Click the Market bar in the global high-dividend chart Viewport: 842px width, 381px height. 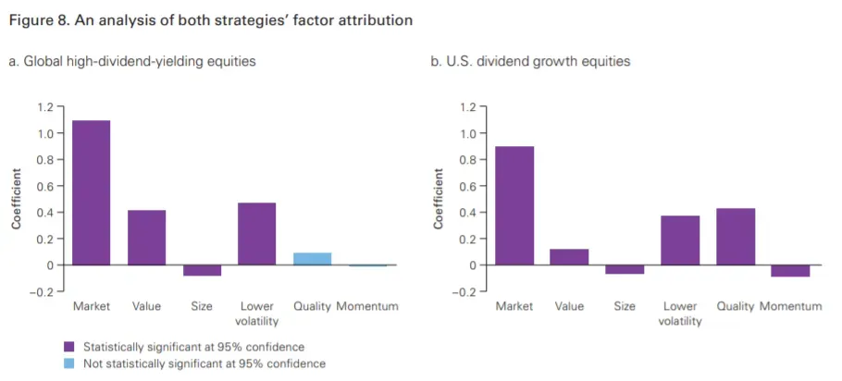coord(91,192)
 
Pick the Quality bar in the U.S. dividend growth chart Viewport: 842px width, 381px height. coord(736,237)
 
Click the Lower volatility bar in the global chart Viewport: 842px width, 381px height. coord(256,234)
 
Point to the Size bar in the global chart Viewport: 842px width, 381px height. coord(202,270)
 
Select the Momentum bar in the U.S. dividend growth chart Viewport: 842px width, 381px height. coord(790,271)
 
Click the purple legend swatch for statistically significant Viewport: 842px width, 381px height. coord(68,347)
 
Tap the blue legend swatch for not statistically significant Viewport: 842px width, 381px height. coord(68,363)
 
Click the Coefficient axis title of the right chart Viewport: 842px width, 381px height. coord(439,199)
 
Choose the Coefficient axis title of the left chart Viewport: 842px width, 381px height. coord(16,199)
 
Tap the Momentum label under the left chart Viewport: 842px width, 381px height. coord(367,306)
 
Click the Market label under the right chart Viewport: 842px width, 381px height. coord(514,306)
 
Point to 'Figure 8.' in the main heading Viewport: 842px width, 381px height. coord(37,19)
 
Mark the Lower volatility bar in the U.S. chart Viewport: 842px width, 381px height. coord(680,240)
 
